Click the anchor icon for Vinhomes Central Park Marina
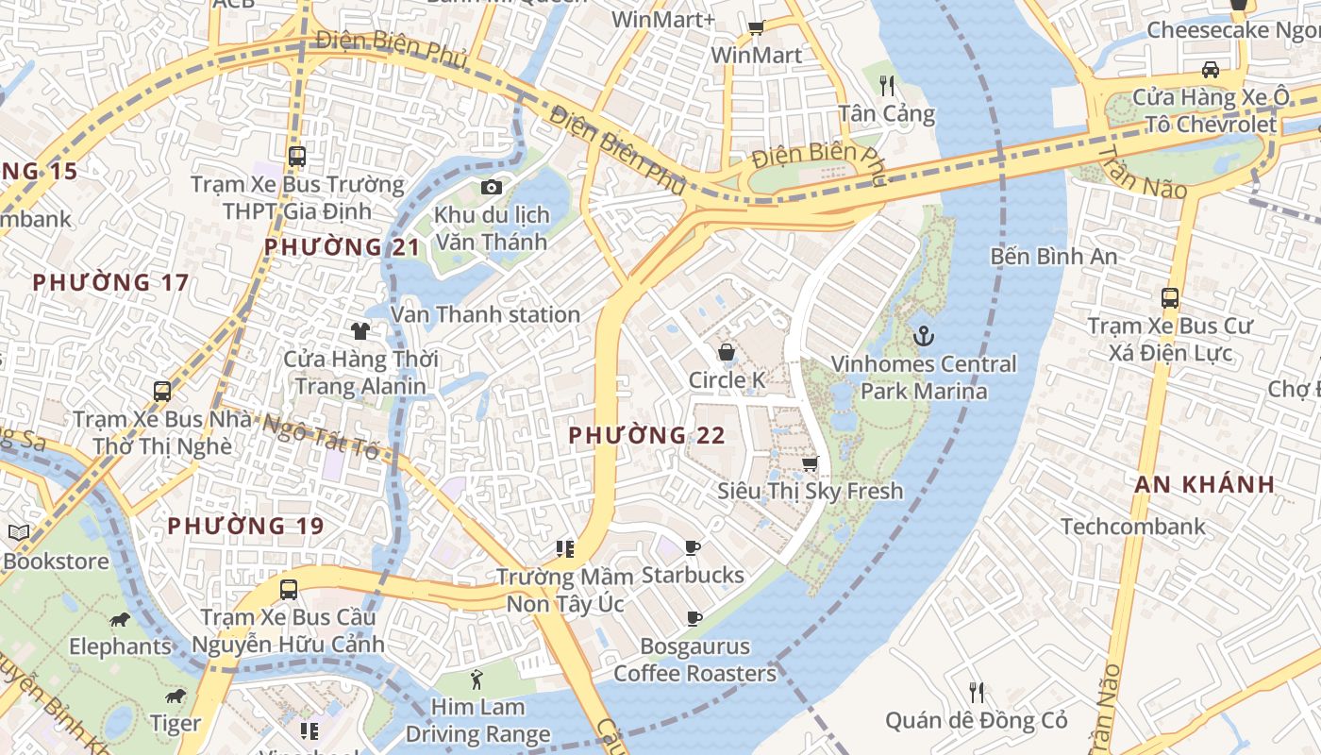pos(924,335)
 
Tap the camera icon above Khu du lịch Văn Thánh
pos(491,187)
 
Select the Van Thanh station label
pos(485,314)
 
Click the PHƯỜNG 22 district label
pos(646,435)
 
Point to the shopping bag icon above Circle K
pos(727,352)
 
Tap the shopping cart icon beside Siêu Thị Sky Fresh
pos(810,463)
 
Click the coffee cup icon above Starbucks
pos(693,547)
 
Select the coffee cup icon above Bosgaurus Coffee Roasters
pos(694,619)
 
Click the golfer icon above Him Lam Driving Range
pos(477,679)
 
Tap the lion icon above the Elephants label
pos(120,619)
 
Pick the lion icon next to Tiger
pos(176,696)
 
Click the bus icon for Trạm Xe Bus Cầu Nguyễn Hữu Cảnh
pos(289,590)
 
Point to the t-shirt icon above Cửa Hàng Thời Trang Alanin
pos(360,330)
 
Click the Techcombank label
pos(1133,527)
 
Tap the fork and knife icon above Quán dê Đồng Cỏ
pos(977,693)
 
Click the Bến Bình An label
pos(1054,256)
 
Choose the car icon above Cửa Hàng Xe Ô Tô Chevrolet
pos(1210,69)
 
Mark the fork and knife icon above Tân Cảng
pos(887,86)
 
